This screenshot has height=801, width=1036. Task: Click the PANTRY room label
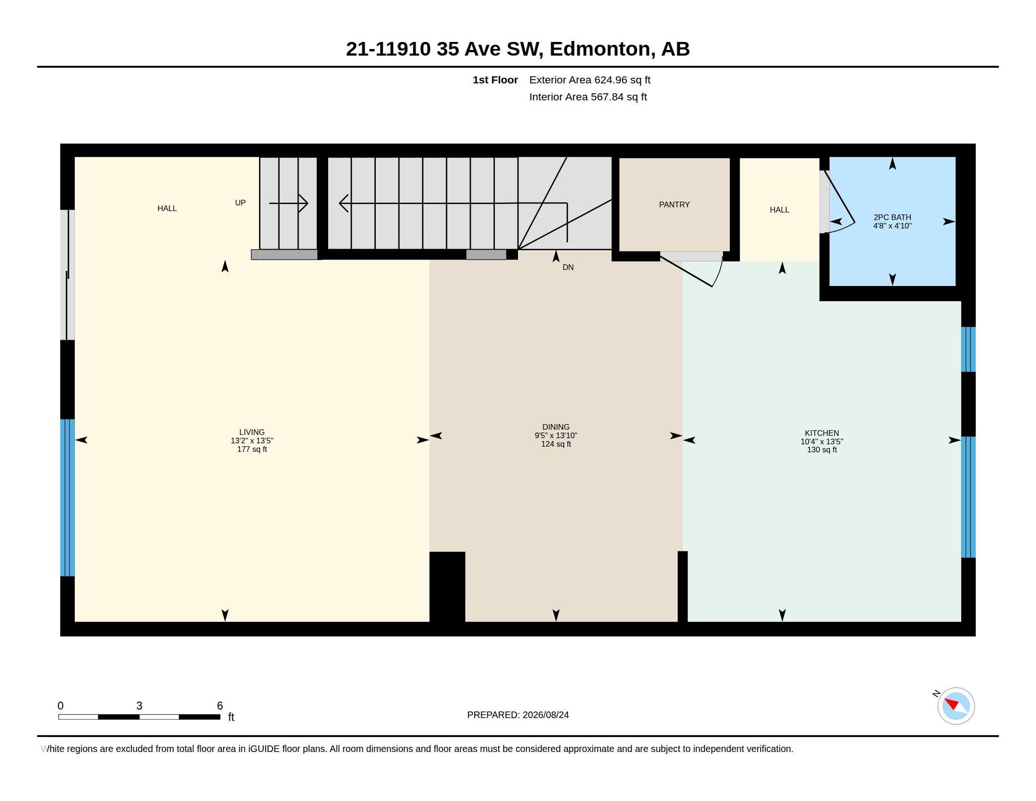(x=674, y=204)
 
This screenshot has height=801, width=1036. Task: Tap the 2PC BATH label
(x=892, y=217)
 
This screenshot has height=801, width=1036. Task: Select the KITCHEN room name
(x=822, y=433)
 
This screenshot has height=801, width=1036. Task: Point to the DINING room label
(x=556, y=427)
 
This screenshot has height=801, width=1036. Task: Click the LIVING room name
(x=252, y=432)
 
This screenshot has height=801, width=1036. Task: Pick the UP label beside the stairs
(x=241, y=203)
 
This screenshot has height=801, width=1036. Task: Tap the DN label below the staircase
(x=568, y=268)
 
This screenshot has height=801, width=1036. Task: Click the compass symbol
(x=956, y=706)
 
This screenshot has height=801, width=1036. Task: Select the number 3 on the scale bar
(x=139, y=706)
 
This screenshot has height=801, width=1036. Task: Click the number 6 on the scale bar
(x=220, y=706)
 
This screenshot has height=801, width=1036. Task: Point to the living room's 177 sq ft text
(x=252, y=450)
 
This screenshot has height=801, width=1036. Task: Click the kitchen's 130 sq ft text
(x=822, y=450)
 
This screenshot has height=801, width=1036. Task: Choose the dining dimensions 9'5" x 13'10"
(x=556, y=436)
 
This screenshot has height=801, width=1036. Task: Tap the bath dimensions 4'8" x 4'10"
(x=892, y=226)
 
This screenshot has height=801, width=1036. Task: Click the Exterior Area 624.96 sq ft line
(x=590, y=80)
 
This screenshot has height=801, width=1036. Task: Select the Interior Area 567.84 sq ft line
(x=588, y=97)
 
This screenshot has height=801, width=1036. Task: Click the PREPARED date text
(x=518, y=715)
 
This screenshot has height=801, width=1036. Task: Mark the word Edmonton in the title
(x=600, y=49)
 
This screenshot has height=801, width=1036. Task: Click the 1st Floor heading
(x=495, y=80)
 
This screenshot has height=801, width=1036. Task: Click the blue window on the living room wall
(x=68, y=498)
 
